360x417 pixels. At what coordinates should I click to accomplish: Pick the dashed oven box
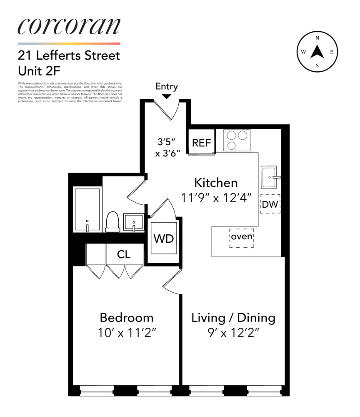(242, 237)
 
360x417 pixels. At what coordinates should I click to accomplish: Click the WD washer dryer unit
(164, 239)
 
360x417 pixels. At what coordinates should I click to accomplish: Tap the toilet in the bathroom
(112, 221)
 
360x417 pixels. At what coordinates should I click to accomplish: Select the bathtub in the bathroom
(87, 209)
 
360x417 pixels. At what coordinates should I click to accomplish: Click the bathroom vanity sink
(134, 222)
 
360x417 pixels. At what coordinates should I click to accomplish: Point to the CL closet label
(124, 254)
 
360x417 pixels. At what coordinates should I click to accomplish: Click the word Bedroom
(126, 318)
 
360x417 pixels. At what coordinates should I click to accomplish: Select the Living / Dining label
(233, 318)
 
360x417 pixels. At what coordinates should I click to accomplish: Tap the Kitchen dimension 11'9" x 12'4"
(216, 197)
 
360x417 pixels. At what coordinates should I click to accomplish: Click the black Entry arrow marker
(166, 96)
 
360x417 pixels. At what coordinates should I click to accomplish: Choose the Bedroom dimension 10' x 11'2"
(126, 333)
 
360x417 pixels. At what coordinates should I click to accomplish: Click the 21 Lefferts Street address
(69, 55)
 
